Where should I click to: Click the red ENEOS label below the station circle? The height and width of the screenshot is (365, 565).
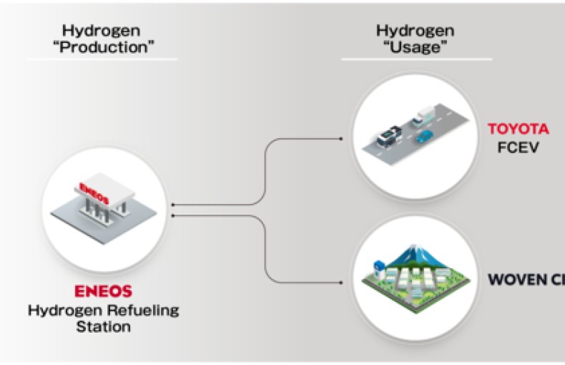pos(104,292)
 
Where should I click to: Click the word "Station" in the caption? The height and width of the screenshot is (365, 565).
pos(105,327)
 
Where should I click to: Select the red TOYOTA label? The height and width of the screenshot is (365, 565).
pos(518,130)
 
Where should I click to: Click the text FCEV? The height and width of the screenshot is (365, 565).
pos(518,147)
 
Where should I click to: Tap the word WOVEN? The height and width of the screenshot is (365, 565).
pos(515,279)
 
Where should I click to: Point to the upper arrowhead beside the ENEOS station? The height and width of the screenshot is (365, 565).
pos(175,205)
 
